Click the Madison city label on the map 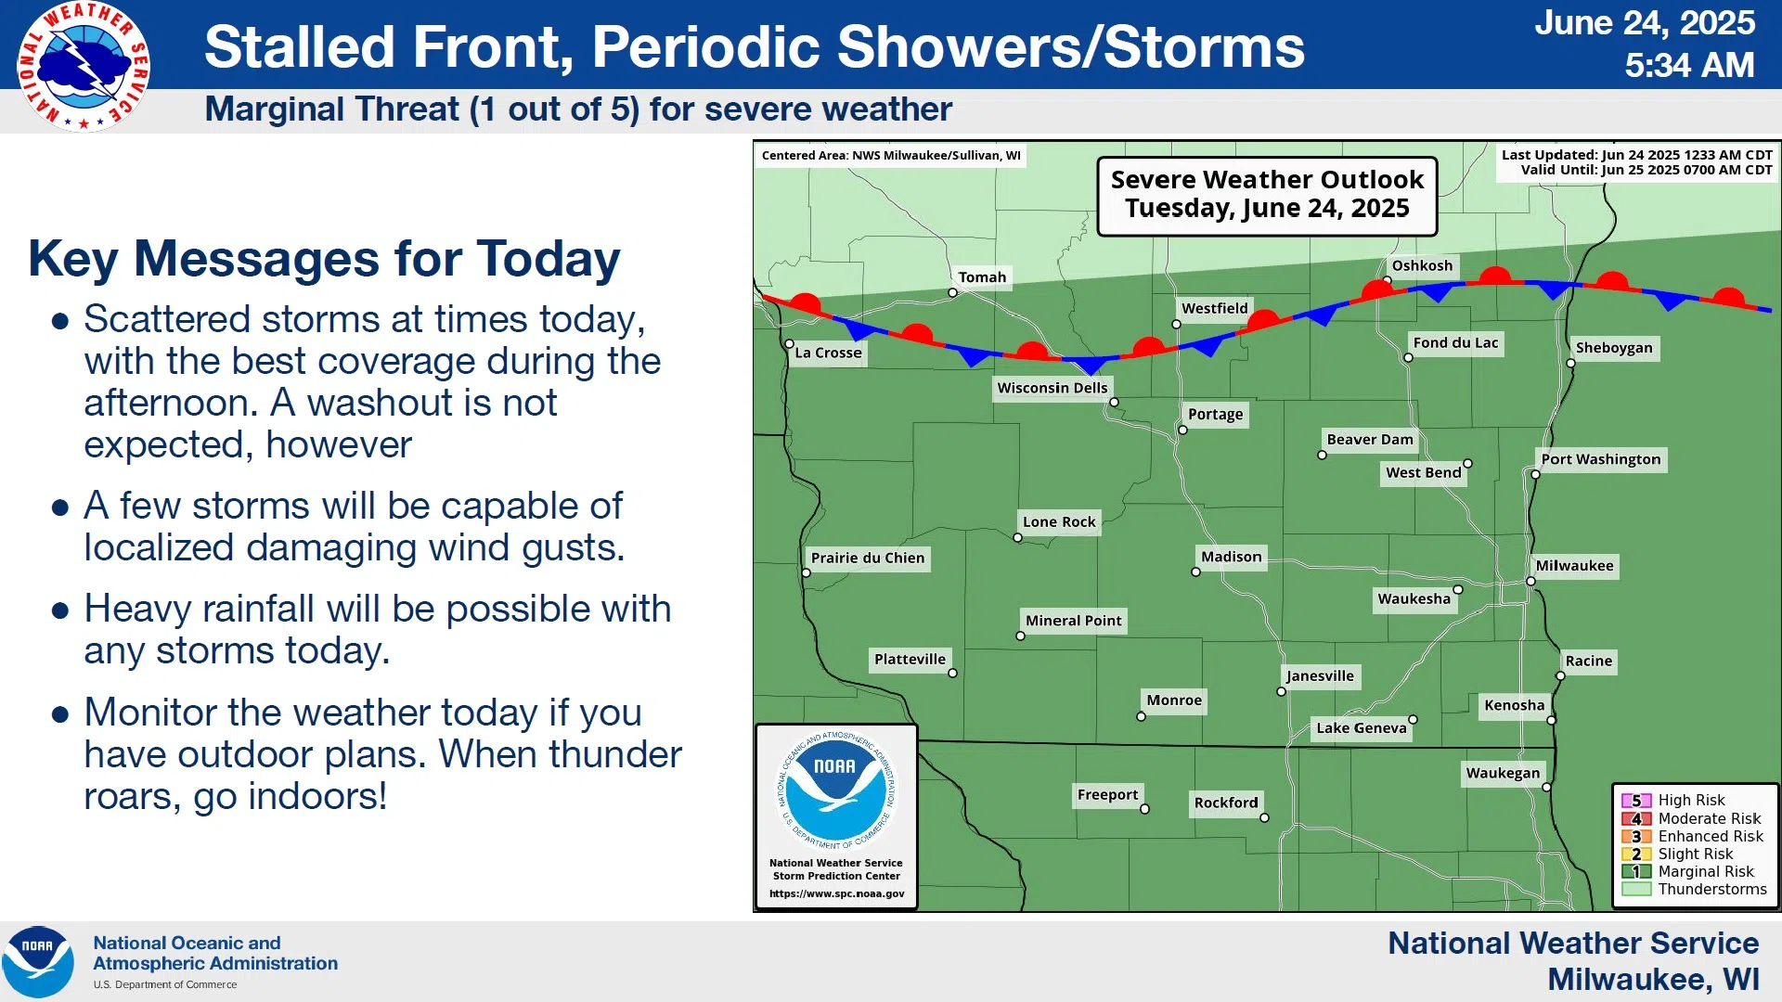tap(1231, 557)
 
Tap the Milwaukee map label tap(1574, 566)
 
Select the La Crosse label tap(828, 353)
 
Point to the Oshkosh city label tap(1422, 266)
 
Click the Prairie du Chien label tap(868, 558)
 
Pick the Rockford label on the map tap(1226, 803)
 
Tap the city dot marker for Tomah tap(952, 293)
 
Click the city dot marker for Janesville tap(1281, 692)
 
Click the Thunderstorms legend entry tap(1695, 889)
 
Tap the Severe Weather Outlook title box tap(1267, 195)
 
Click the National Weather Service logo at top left tap(84, 66)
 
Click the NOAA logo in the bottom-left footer tap(38, 962)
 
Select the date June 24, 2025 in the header tap(1645, 22)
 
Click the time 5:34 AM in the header tap(1689, 65)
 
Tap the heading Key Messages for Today tap(324, 259)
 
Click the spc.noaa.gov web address tap(836, 893)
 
